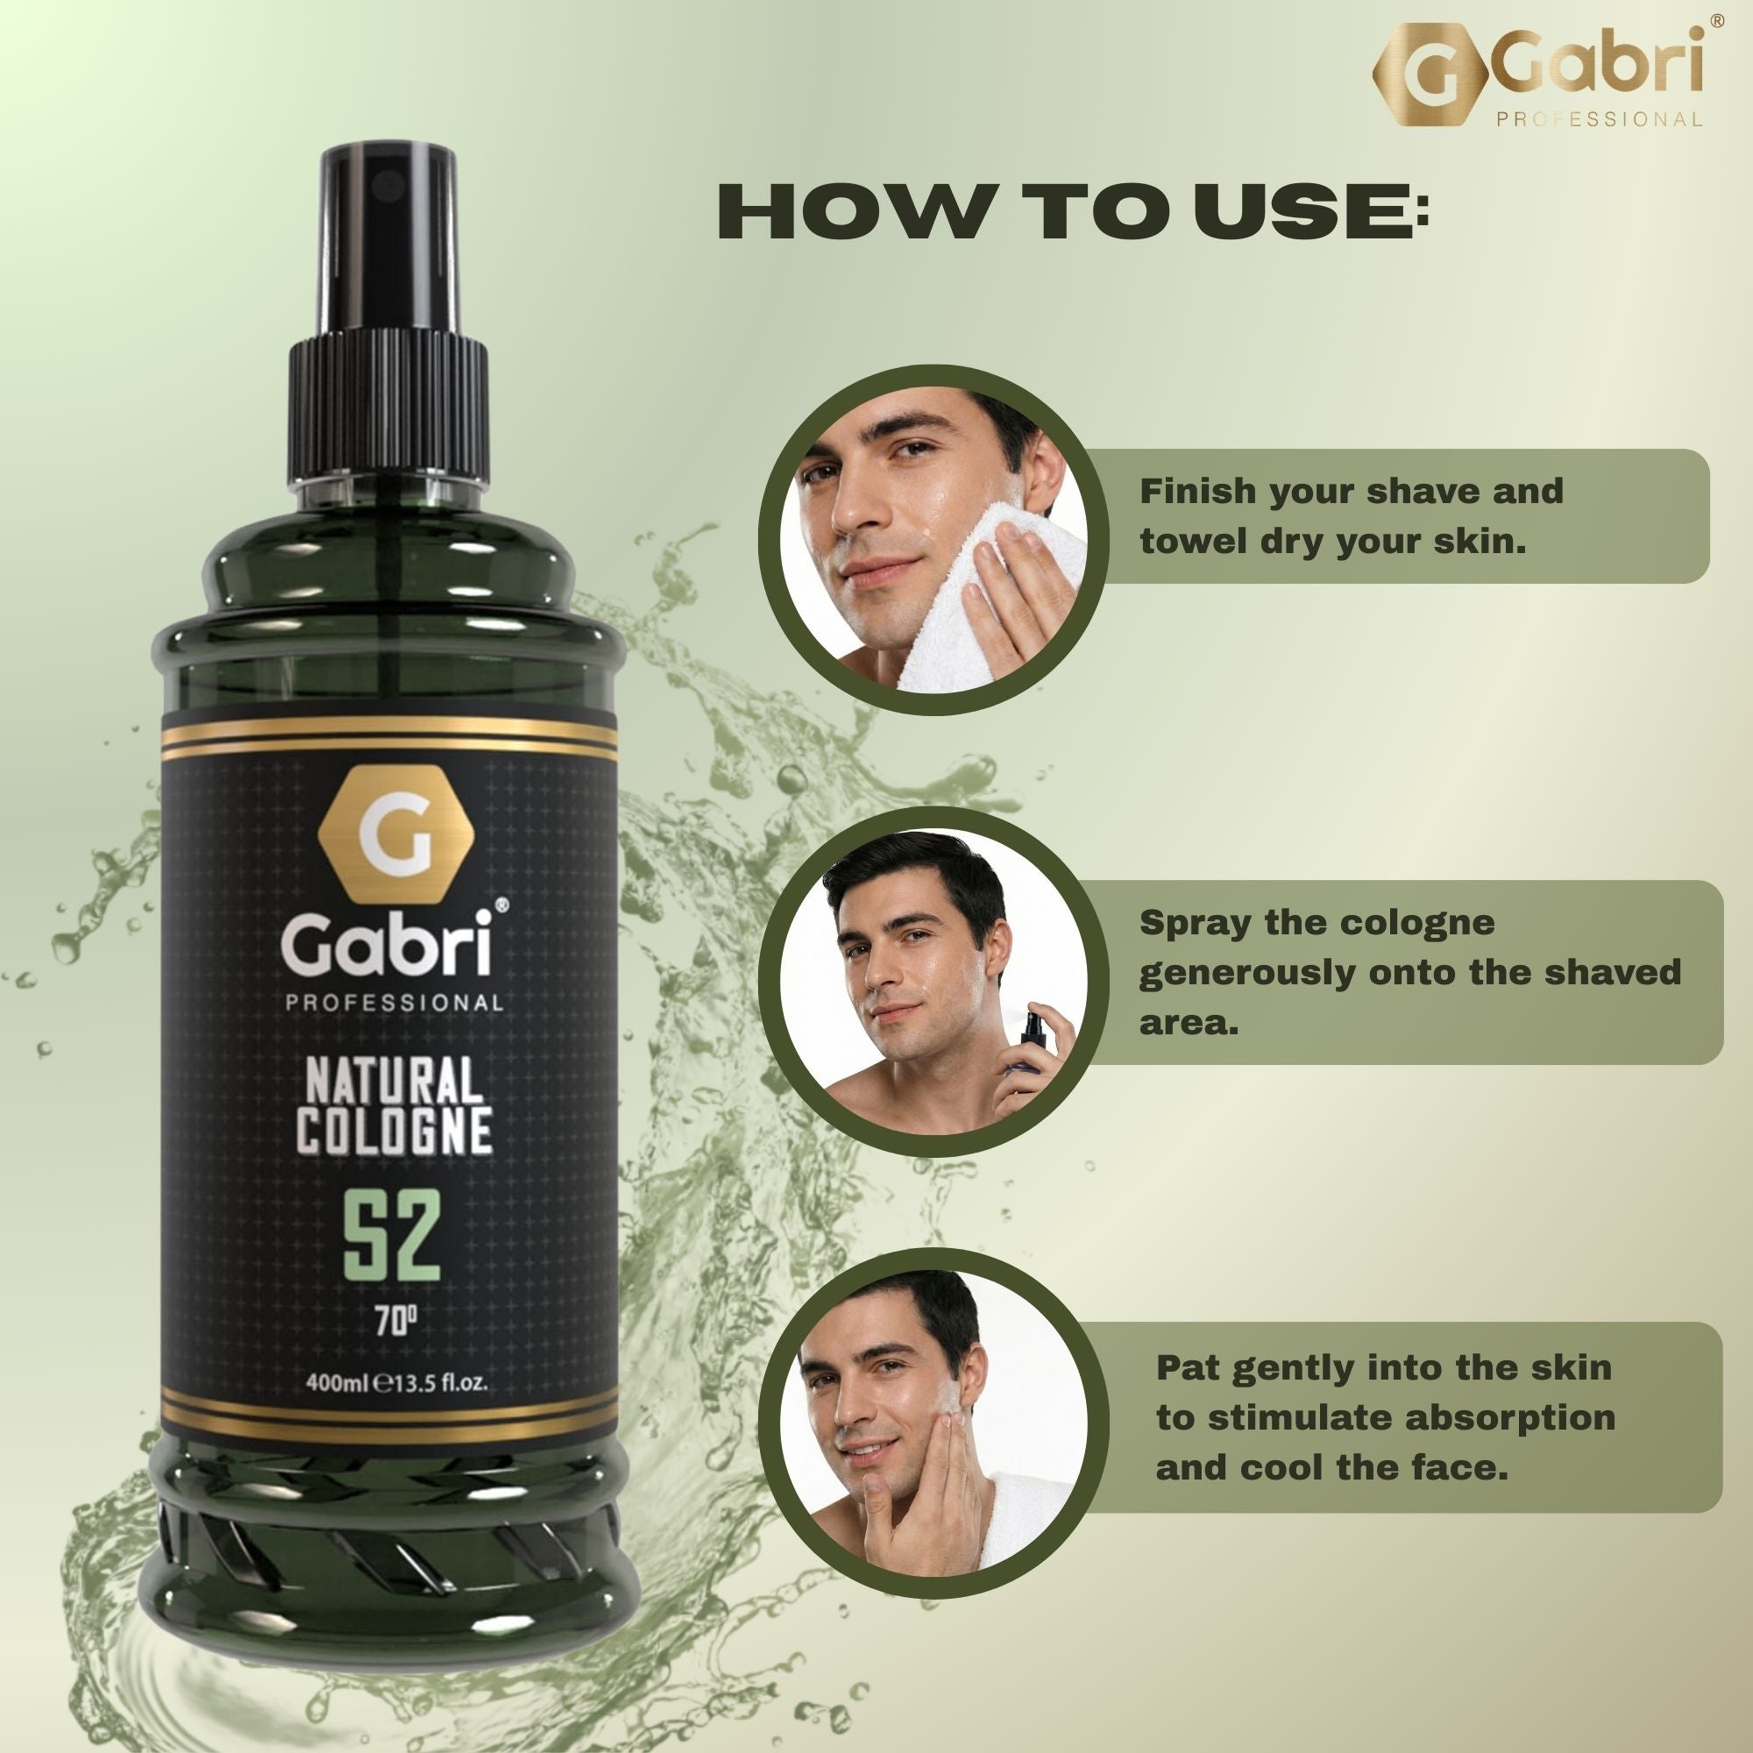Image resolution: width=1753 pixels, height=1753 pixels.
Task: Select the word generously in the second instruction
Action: (1247, 974)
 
